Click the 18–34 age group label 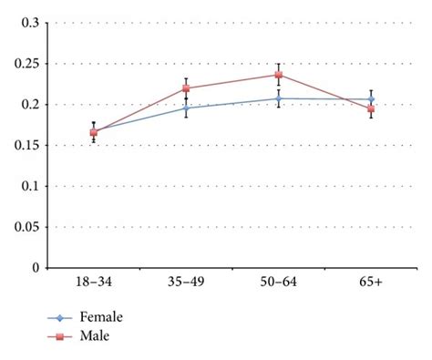coord(93,284)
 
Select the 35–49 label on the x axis coord(186,284)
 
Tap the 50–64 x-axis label coord(279,284)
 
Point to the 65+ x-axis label coord(371,284)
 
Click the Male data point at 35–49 coord(186,88)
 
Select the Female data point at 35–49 coord(186,108)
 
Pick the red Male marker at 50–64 coord(279,75)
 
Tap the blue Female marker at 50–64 coord(279,98)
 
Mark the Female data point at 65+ coord(371,99)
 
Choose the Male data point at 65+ coord(371,109)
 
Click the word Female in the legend coord(100,317)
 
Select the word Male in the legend coord(94,335)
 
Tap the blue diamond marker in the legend coord(60,318)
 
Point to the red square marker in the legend coord(60,336)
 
